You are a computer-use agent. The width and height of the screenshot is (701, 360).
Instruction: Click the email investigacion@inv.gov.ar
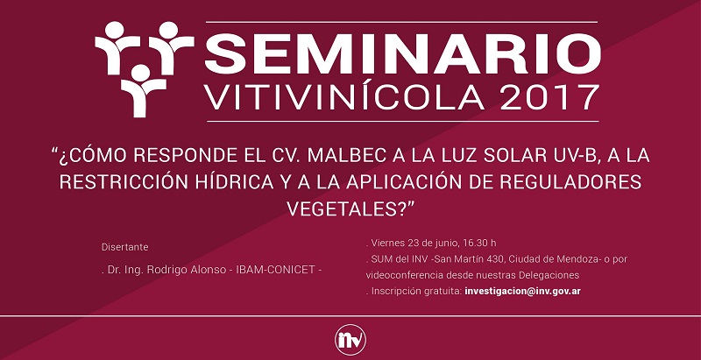click(522, 291)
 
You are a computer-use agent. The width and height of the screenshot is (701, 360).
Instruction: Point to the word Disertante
click(124, 247)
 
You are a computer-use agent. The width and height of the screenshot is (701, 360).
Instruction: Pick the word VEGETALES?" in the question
click(351, 208)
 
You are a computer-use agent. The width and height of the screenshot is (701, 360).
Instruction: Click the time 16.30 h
click(479, 243)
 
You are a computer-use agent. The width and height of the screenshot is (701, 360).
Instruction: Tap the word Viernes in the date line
click(388, 244)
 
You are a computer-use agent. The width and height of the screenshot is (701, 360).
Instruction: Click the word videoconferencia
click(404, 275)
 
